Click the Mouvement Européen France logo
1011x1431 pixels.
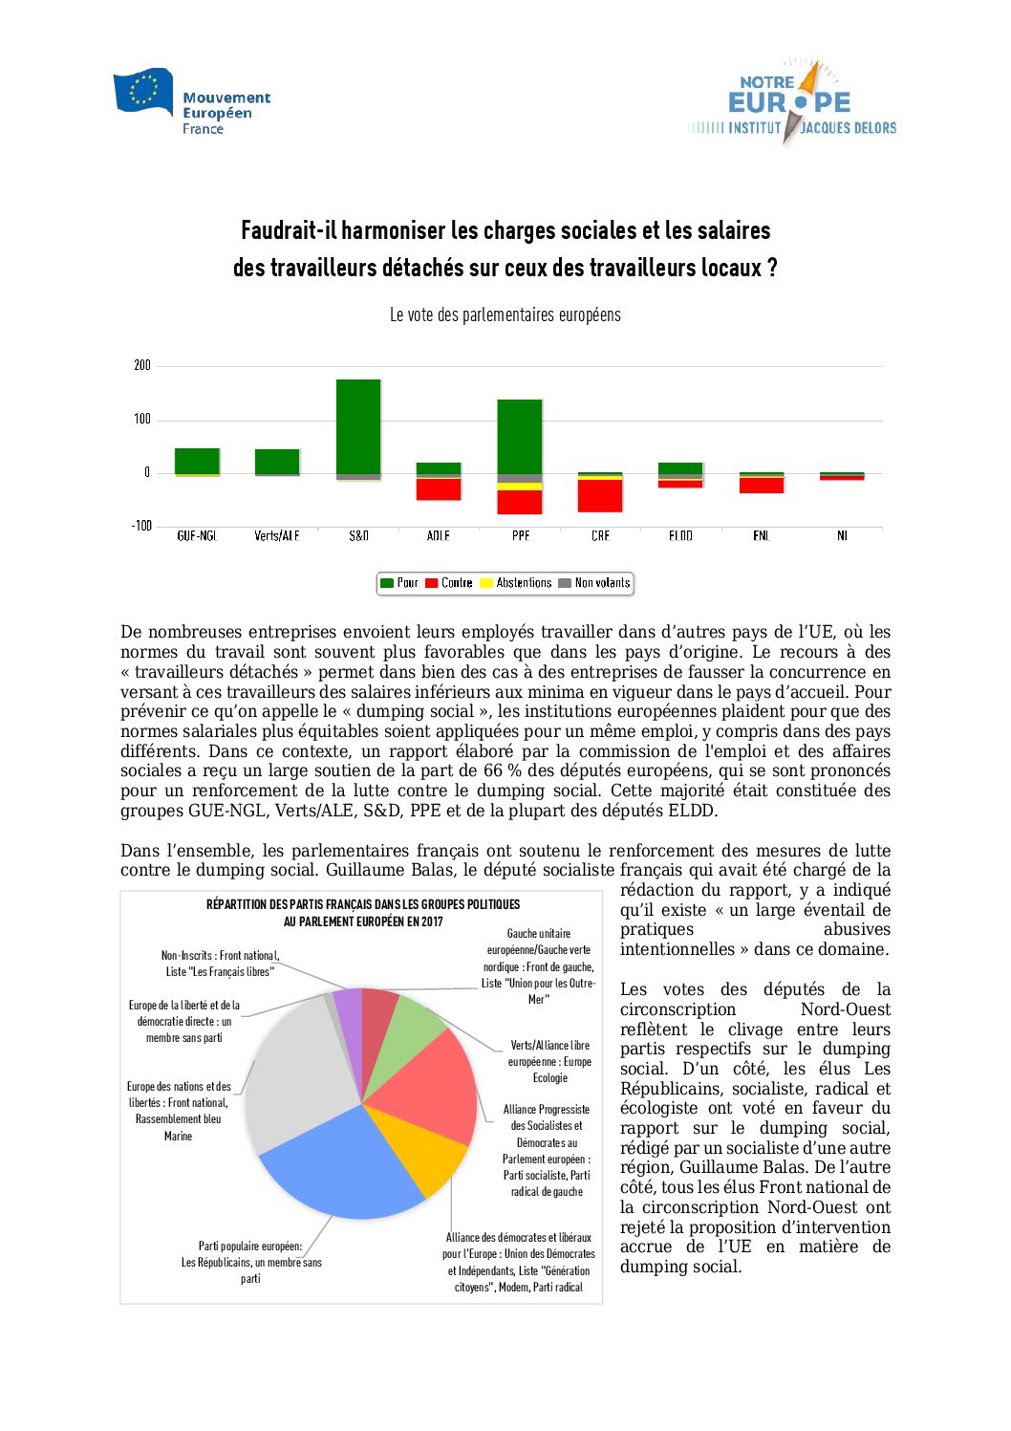tap(192, 102)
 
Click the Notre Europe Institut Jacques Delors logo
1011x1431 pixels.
tap(791, 103)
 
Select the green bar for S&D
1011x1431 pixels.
tap(358, 426)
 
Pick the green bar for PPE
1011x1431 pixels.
tap(520, 437)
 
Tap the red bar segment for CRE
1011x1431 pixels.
tap(600, 495)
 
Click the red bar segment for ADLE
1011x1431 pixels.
tap(439, 489)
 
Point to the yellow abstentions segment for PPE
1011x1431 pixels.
tap(520, 487)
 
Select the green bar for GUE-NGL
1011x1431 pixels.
tap(197, 460)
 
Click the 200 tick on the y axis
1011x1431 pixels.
tap(142, 365)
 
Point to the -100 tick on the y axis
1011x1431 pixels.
tap(141, 526)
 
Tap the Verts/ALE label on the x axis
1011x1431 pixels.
tap(277, 536)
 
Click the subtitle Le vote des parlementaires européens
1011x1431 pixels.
tap(505, 315)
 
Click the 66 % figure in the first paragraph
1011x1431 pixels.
tap(501, 771)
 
